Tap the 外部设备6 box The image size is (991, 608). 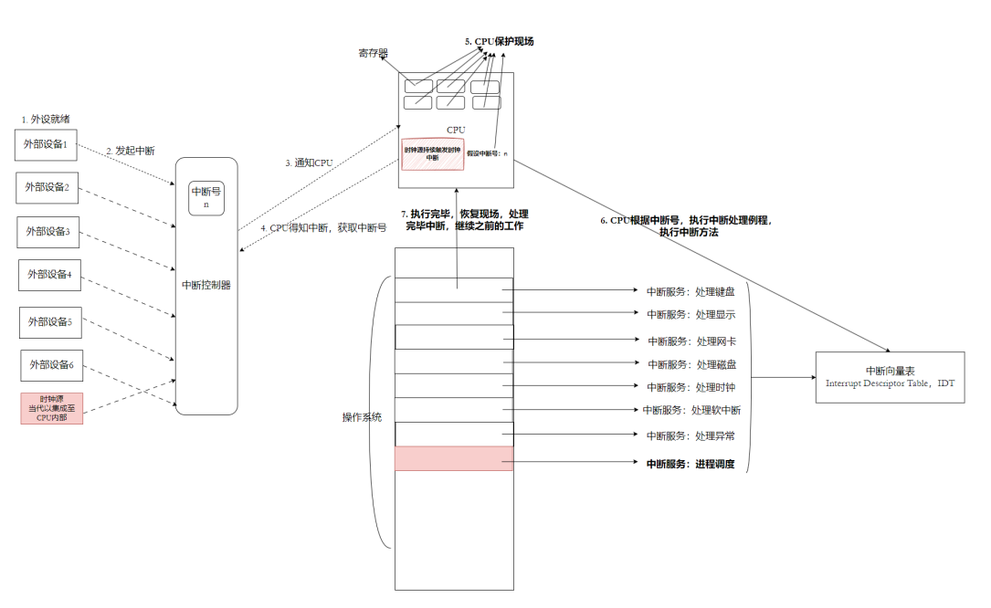click(x=52, y=366)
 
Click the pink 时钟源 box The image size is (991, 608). click(x=52, y=408)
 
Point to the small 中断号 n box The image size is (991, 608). click(x=206, y=198)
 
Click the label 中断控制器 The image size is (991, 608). click(x=206, y=285)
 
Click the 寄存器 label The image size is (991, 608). click(x=373, y=54)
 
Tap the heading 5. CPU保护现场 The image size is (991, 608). click(x=499, y=42)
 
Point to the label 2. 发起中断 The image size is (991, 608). click(x=130, y=151)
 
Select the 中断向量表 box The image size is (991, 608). click(x=891, y=376)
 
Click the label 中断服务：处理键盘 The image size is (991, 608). click(x=691, y=291)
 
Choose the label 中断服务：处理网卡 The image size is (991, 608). click(x=691, y=341)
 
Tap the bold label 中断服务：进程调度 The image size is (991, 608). click(x=691, y=465)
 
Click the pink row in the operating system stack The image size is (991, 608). click(x=454, y=458)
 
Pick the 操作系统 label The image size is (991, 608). click(x=362, y=417)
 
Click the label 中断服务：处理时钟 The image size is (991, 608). click(x=691, y=387)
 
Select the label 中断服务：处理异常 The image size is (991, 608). click(x=691, y=435)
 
